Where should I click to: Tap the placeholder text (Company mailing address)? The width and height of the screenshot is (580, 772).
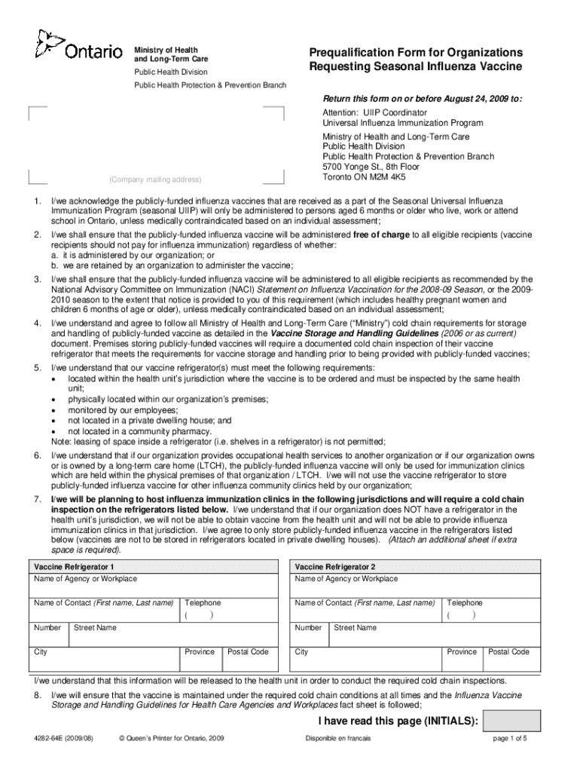[x=156, y=179]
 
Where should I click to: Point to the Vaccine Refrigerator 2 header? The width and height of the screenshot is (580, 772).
[x=335, y=566]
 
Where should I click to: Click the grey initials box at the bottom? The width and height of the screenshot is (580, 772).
[x=511, y=721]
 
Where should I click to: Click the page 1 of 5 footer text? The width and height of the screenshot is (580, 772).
[x=510, y=739]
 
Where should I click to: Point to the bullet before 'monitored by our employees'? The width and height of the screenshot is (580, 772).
[x=53, y=410]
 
